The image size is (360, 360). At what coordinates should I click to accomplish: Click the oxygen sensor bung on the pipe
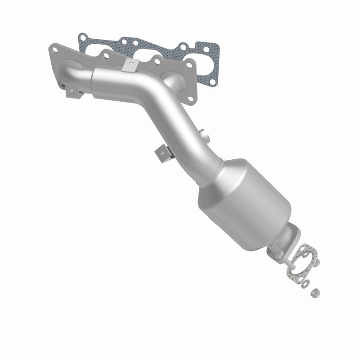[203, 134]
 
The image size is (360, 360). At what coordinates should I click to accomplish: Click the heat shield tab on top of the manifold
[130, 64]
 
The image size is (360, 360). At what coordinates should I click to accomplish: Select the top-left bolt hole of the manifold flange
[55, 47]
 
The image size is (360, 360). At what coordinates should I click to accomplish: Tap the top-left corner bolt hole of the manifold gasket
[82, 36]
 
